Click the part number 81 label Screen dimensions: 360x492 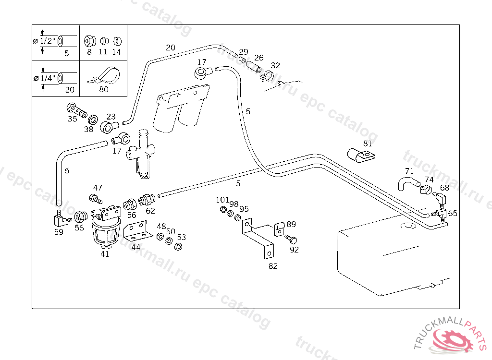368,143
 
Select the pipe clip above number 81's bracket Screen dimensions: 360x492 361,155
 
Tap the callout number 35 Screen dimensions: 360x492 72,119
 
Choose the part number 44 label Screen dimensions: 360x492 136,247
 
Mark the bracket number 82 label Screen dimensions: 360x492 273,266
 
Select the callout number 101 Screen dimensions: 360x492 222,200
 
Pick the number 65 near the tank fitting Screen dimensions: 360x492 453,213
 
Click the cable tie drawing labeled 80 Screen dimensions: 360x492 103,76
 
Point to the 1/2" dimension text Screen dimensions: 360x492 47,41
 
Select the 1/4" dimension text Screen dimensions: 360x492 47,78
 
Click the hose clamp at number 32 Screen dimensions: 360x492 268,75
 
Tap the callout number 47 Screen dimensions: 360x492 98,188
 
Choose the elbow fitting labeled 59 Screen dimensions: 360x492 60,220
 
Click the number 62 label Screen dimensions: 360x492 150,210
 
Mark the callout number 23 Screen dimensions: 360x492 111,117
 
